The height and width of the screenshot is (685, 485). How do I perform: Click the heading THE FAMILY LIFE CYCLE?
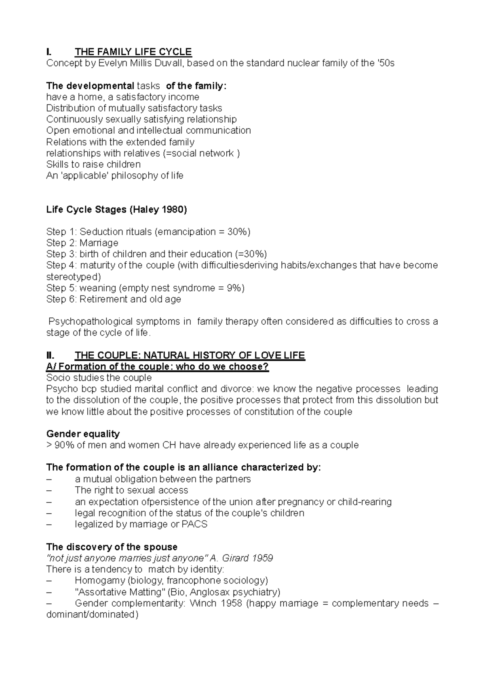pyautogui.click(x=133, y=52)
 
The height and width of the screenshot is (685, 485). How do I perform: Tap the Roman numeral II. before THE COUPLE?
pyautogui.click(x=50, y=355)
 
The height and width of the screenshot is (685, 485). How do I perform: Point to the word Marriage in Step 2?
pyautogui.click(x=99, y=243)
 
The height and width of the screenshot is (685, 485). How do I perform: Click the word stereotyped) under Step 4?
pyautogui.click(x=74, y=277)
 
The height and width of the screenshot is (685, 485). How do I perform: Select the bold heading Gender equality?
pyautogui.click(x=83, y=434)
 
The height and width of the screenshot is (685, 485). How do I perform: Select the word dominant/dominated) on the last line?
pyautogui.click(x=92, y=615)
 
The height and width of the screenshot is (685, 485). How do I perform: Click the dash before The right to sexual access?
pyautogui.click(x=49, y=490)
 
